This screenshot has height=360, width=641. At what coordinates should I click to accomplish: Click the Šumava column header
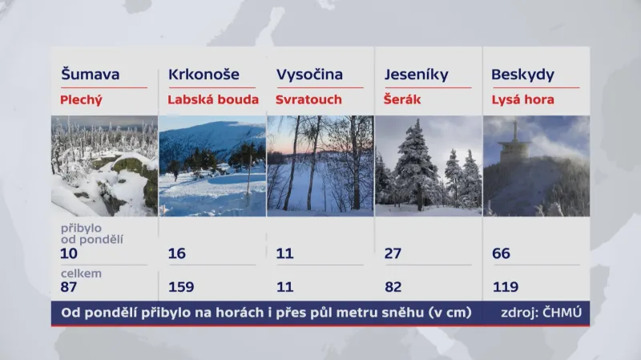click(91, 75)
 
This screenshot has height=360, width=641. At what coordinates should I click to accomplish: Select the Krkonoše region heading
click(204, 75)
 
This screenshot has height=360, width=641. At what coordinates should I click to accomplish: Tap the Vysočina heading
click(309, 75)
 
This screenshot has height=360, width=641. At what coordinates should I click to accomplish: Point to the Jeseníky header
click(417, 75)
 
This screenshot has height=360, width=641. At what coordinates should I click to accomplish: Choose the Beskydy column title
click(522, 75)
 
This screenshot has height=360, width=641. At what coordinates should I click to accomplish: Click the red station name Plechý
click(83, 100)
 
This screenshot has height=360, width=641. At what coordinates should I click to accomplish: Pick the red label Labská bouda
click(213, 100)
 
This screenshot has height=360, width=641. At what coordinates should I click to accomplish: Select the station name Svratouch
click(308, 100)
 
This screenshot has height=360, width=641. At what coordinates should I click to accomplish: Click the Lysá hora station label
click(522, 100)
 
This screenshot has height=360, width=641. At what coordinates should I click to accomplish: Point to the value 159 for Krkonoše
click(181, 287)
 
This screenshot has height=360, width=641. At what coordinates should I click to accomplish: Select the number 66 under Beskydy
click(501, 254)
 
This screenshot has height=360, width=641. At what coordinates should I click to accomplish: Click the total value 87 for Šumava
click(70, 287)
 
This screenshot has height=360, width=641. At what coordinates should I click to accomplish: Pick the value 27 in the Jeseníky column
click(393, 254)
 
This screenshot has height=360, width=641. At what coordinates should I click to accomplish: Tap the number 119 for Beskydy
click(505, 287)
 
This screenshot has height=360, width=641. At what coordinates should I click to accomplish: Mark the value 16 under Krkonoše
click(177, 254)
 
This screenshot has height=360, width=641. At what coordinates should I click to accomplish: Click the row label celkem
click(79, 273)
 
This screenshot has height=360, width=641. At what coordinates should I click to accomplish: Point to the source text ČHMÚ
click(559, 312)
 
